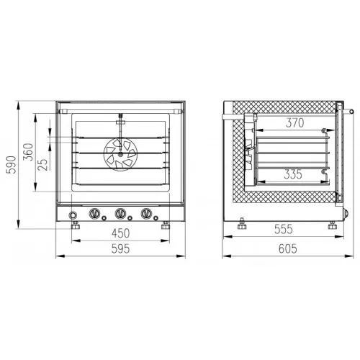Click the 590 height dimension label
pos(12,165)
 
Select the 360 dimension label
pos(28,152)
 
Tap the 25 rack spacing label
pos(42,164)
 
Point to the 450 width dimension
pos(121,233)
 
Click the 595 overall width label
pos(120,249)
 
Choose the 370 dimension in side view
pos(295,123)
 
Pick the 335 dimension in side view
pos(293,174)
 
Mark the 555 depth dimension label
pos(284,229)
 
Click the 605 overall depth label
pos(288,248)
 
